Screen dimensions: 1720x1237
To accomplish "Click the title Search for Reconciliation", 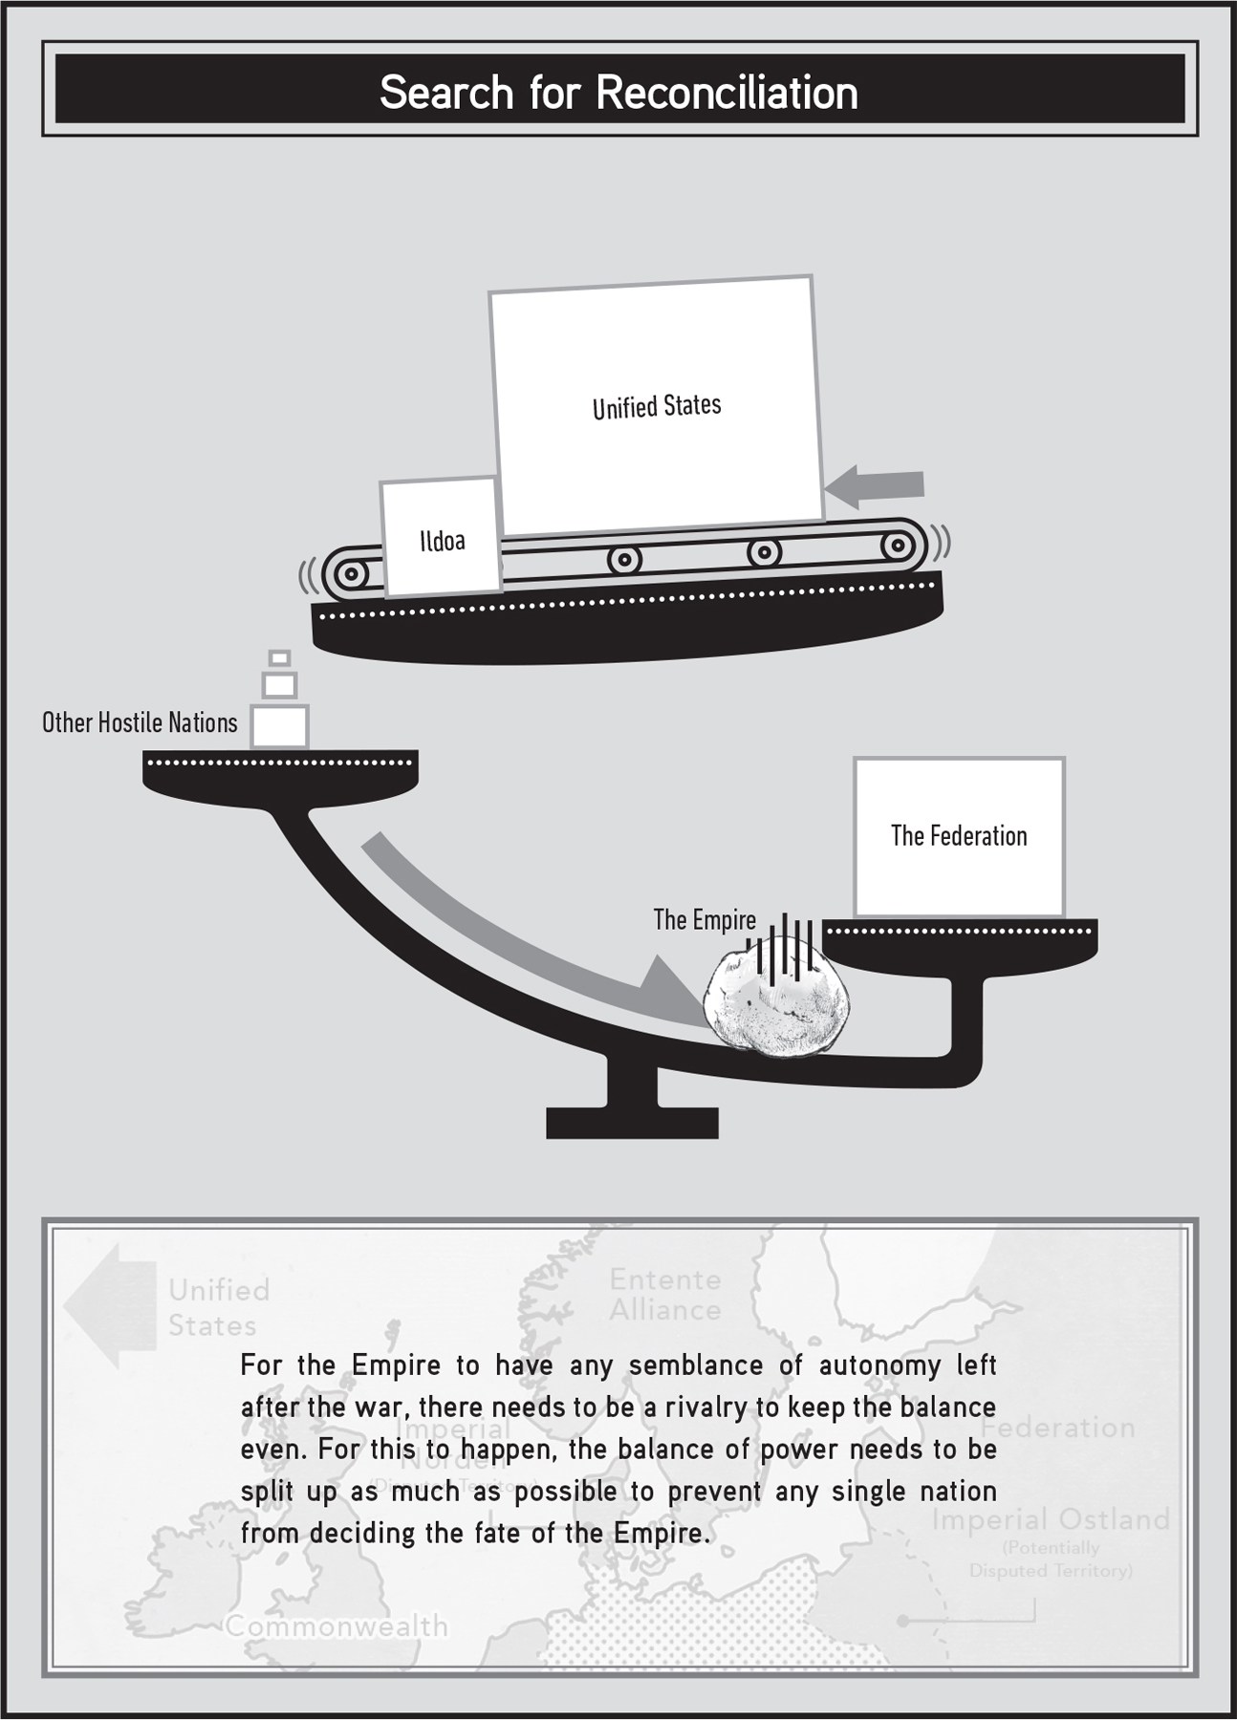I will (x=618, y=93).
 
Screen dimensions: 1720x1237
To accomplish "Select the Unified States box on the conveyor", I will (x=657, y=406).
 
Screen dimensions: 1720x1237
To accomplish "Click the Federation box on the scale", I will (x=959, y=836).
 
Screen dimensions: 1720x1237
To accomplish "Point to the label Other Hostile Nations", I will (x=140, y=722).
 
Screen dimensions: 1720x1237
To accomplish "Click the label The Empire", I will (x=704, y=919).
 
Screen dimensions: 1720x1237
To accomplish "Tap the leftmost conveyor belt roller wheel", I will (x=352, y=574).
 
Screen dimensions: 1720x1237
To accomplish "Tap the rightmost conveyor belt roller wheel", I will (x=897, y=546).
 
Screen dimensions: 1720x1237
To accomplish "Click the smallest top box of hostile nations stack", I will (x=279, y=657).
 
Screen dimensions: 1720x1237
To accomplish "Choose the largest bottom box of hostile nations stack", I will (x=279, y=726).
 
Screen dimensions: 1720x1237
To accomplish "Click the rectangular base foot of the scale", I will (x=632, y=1123).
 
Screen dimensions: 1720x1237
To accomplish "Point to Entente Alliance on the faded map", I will (x=665, y=1295).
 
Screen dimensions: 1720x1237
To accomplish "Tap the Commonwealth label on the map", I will (x=336, y=1625).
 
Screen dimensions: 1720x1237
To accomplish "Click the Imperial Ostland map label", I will (x=1051, y=1518).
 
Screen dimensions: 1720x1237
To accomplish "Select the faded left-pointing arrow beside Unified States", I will (x=110, y=1304).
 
